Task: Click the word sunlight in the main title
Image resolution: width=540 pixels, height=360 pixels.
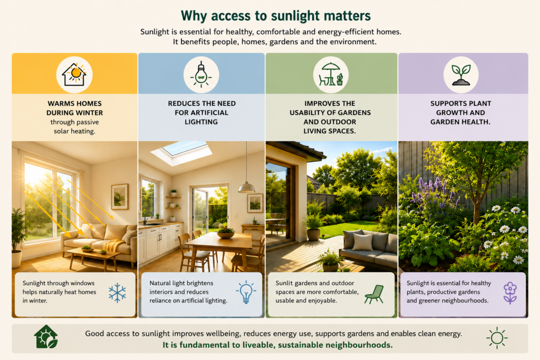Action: [x=295, y=16]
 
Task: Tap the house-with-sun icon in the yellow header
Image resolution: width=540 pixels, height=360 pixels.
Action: [x=74, y=74]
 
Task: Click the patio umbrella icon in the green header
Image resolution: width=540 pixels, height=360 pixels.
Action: [x=331, y=74]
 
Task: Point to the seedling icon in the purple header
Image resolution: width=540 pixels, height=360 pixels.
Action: [x=461, y=75]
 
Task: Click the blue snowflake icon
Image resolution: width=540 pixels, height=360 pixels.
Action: [x=117, y=293]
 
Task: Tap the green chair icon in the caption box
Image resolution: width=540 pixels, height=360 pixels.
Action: [x=374, y=294]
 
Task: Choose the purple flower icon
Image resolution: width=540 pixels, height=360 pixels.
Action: [x=510, y=293]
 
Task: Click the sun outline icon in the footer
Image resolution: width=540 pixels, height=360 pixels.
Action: [x=497, y=338]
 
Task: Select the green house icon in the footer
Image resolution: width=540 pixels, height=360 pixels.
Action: [x=46, y=337]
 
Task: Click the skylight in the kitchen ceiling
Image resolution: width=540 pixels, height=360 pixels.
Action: [x=181, y=151]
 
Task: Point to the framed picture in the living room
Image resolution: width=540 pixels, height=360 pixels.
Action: [x=120, y=197]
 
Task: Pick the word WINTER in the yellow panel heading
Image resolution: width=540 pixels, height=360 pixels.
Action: [x=89, y=113]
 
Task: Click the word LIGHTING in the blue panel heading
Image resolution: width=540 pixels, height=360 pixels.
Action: [x=201, y=122]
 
